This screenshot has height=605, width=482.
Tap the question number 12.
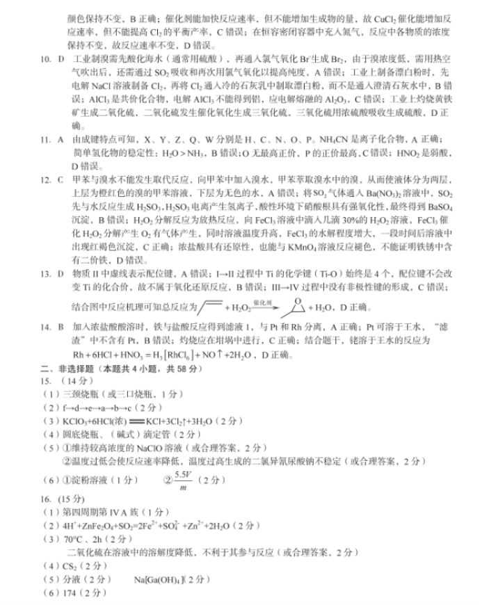tap(45, 179)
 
